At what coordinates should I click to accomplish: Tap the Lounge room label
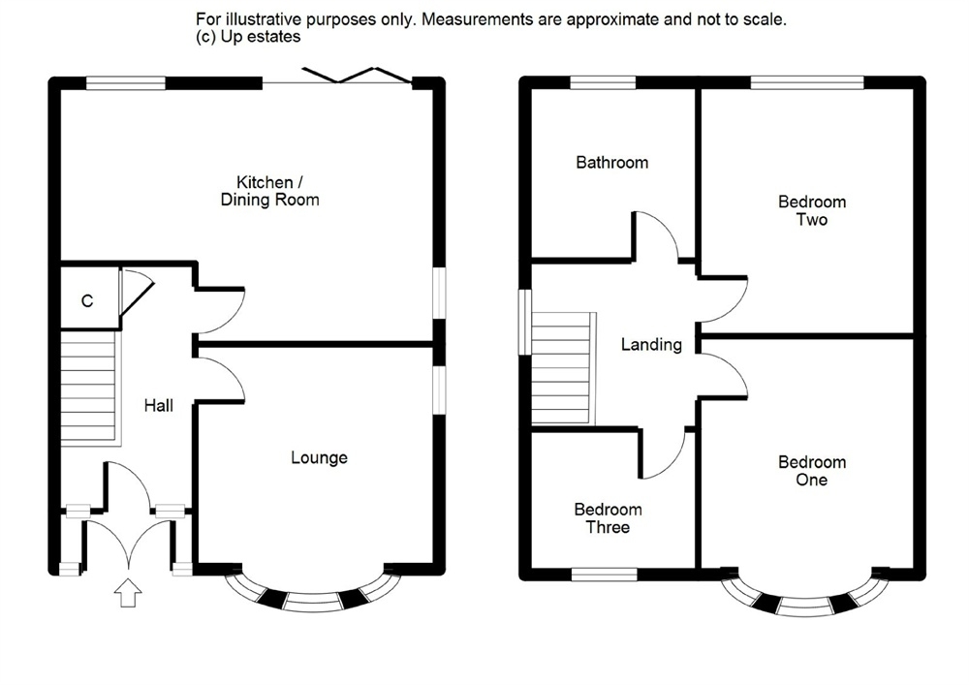319,457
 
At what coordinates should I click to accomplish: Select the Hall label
159,405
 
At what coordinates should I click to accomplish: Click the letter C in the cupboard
87,301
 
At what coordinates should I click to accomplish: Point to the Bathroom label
611,162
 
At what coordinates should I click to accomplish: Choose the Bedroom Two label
812,210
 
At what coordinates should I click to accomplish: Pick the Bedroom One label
812,470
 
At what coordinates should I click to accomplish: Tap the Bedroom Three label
608,518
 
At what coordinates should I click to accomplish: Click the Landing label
651,344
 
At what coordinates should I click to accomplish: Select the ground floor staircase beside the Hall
89,388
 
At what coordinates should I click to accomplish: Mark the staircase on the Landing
562,368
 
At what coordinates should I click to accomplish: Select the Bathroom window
603,83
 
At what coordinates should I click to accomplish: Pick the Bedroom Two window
806,83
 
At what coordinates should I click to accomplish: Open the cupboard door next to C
134,291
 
